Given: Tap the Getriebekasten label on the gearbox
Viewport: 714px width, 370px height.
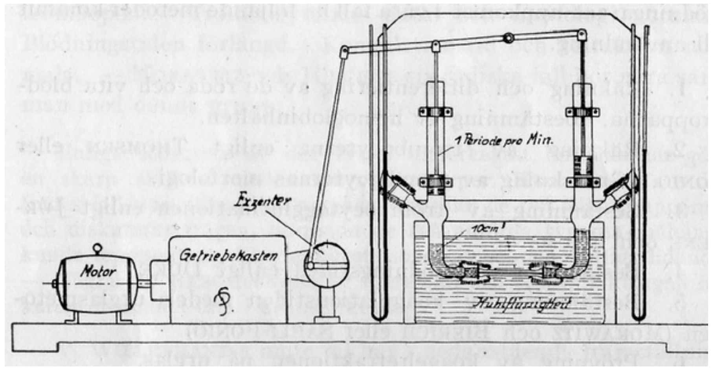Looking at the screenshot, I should pyautogui.click(x=228, y=256).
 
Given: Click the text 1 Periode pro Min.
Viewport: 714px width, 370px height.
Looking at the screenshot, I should pyautogui.click(x=504, y=140).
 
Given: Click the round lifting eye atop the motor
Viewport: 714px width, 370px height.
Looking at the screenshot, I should pyautogui.click(x=97, y=248).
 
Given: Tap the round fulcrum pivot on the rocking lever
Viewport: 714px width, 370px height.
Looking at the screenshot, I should pyautogui.click(x=508, y=38).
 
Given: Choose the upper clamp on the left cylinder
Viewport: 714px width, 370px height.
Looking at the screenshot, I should pyautogui.click(x=435, y=112).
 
